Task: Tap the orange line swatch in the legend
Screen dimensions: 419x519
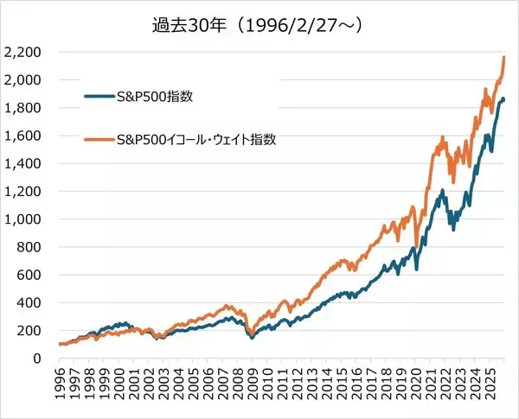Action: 98,139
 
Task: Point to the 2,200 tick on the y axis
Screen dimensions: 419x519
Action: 22,52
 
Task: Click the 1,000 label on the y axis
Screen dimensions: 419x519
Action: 22,219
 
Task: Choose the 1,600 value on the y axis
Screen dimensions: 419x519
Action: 22,136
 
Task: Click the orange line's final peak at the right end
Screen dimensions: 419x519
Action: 504,56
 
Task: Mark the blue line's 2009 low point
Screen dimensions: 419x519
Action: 252,338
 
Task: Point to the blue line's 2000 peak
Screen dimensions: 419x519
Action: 121,323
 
